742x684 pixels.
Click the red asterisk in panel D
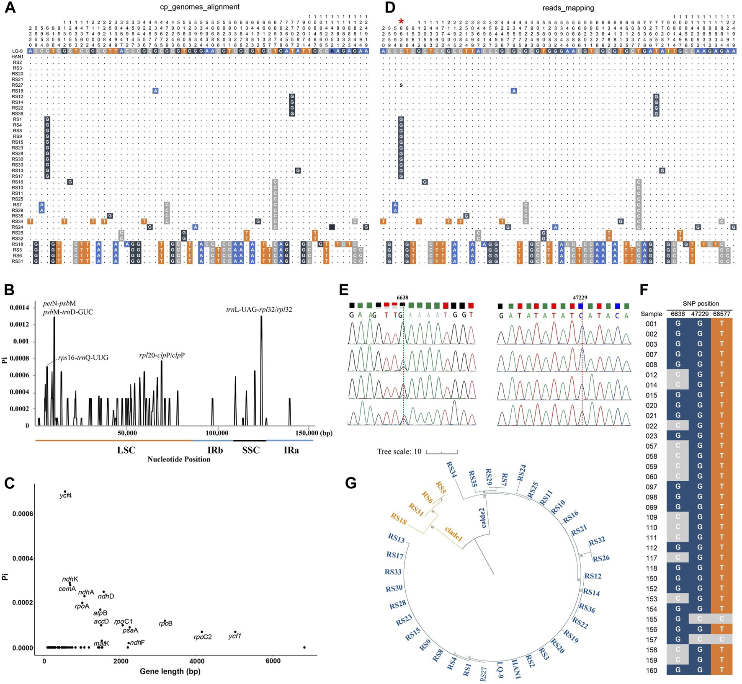(401, 21)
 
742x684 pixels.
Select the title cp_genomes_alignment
(200, 7)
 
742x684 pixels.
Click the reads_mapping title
(568, 8)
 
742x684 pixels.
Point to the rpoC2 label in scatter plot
(203, 637)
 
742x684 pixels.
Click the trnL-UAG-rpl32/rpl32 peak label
(259, 310)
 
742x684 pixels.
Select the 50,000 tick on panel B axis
(127, 433)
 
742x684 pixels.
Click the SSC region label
(251, 450)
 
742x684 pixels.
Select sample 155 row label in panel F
(651, 619)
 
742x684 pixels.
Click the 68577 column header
(721, 314)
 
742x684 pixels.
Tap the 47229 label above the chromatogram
(580, 297)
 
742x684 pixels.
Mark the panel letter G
(350, 483)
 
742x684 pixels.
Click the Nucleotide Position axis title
(179, 459)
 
